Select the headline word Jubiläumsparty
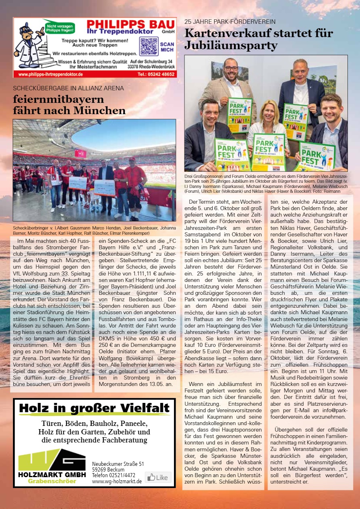(231, 46)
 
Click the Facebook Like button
(158, 478)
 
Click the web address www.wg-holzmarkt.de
(117, 481)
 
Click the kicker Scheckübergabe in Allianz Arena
(69, 88)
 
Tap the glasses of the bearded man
(231, 68)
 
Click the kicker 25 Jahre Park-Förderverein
(230, 21)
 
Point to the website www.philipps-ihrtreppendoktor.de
(50, 74)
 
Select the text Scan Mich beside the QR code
(167, 46)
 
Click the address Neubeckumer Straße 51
(118, 464)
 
